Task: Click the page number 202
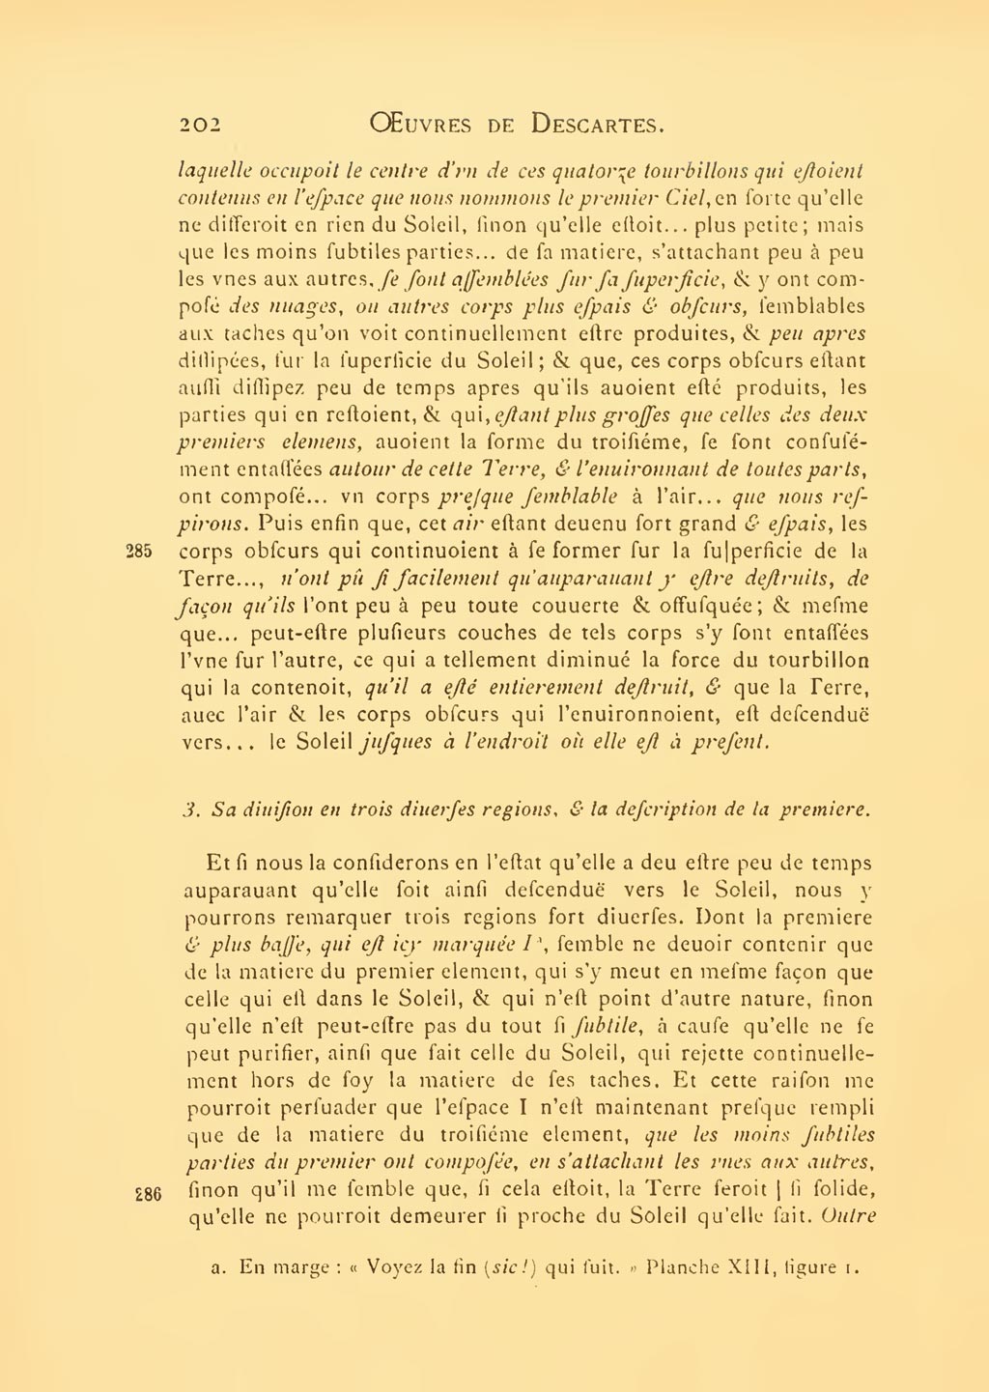coord(201,125)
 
